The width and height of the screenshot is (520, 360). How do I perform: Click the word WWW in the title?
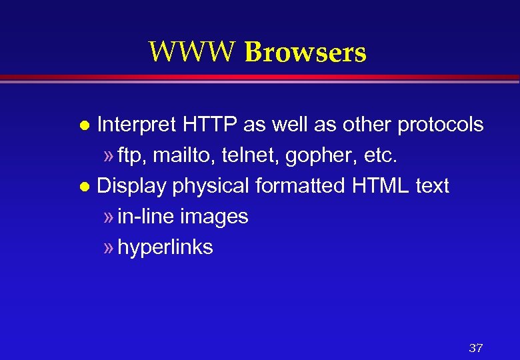click(x=193, y=51)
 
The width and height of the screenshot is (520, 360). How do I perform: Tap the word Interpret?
click(x=136, y=125)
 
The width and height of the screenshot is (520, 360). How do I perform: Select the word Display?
click(x=131, y=186)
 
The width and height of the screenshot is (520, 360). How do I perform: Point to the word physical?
click(x=211, y=186)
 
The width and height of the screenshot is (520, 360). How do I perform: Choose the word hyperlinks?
click(x=165, y=247)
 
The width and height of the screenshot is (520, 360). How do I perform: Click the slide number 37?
click(x=475, y=347)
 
